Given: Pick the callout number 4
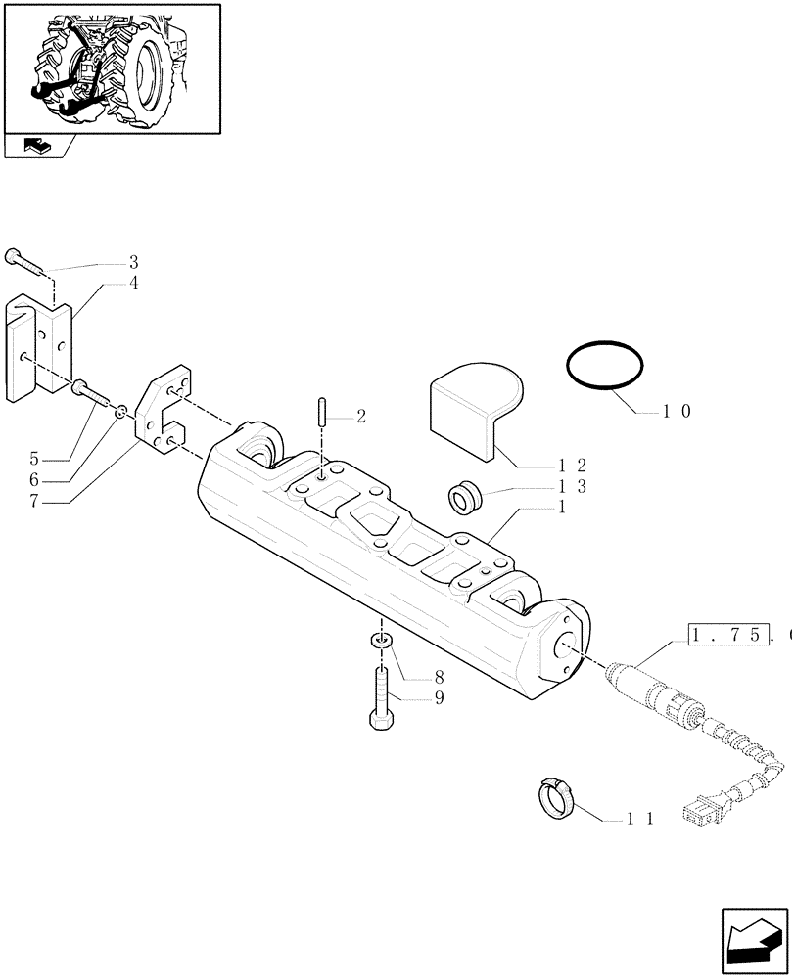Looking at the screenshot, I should tap(133, 284).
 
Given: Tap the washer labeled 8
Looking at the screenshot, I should tap(382, 641).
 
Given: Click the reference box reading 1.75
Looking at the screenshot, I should tap(725, 637).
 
